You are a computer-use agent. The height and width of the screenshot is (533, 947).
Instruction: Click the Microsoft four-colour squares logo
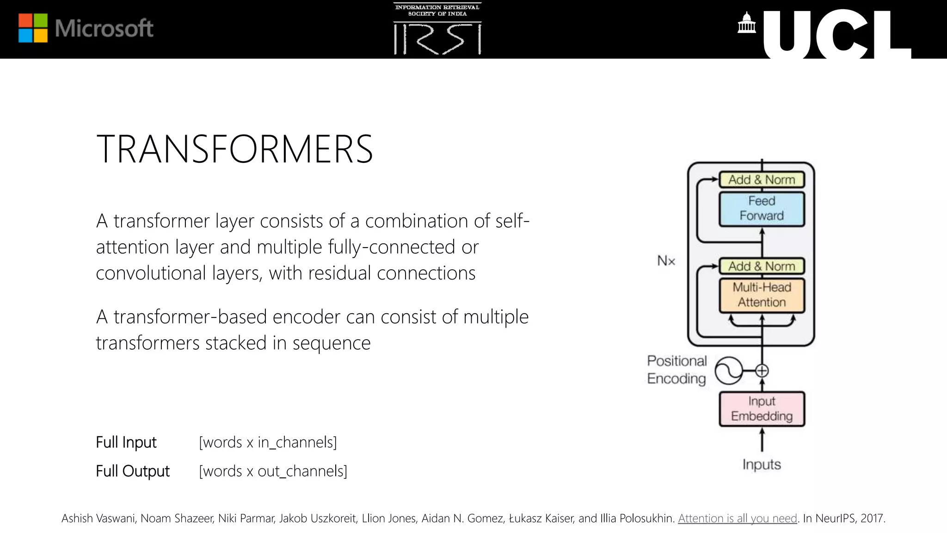tap(33, 28)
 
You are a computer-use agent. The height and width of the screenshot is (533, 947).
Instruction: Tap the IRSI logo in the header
tap(437, 29)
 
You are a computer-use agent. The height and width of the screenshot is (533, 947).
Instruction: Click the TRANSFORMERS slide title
tap(234, 149)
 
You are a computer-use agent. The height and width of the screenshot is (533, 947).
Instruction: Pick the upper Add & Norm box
tap(762, 180)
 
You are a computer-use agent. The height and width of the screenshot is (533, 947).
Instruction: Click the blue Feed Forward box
tap(762, 209)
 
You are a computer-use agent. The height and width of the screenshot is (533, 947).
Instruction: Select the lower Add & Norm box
tap(762, 266)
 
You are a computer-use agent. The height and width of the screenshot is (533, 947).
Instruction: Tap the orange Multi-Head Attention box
tap(762, 295)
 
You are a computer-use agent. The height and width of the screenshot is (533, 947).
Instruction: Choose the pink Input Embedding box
tap(762, 409)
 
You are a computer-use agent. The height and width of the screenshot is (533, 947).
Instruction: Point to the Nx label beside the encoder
tap(666, 261)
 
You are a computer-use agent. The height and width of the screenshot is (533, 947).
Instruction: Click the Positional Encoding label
tap(677, 370)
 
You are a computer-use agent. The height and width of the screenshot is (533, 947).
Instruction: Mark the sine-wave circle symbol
tap(728, 371)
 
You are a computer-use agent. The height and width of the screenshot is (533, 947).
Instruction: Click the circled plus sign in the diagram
tap(762, 371)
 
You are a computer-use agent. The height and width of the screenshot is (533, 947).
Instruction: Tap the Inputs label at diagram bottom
tap(762, 464)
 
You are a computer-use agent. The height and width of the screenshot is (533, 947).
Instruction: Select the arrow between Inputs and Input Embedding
tap(762, 440)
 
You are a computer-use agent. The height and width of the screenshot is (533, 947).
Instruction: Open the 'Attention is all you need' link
tap(738, 518)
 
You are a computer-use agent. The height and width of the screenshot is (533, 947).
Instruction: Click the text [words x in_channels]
tap(268, 442)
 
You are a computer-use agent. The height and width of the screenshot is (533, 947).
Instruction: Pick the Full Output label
tap(133, 471)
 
